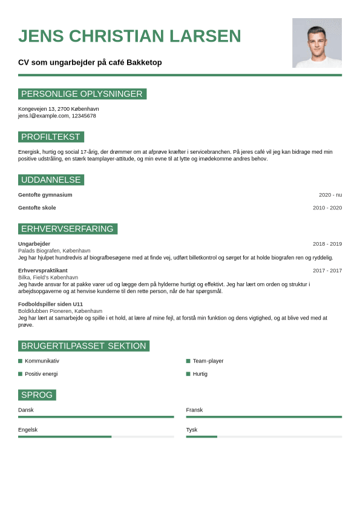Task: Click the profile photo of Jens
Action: coord(316,42)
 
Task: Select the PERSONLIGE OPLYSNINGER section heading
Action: coord(82,94)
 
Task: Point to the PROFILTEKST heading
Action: coord(51,137)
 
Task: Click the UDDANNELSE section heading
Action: coord(51,180)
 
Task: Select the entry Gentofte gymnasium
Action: coord(45,195)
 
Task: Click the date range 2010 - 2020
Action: coord(327,208)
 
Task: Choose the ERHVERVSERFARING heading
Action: coord(67,229)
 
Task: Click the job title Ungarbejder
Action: coord(34,244)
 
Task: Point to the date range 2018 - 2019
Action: coord(327,244)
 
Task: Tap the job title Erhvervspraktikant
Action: coord(43,271)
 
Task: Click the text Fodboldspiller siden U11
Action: coord(50,304)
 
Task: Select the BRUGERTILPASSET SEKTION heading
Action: coord(83,346)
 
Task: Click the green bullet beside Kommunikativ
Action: coord(20,361)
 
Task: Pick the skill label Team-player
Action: coord(208,361)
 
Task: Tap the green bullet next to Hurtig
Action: coord(188,374)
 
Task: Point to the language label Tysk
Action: coord(192,430)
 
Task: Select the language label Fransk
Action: coord(194,410)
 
